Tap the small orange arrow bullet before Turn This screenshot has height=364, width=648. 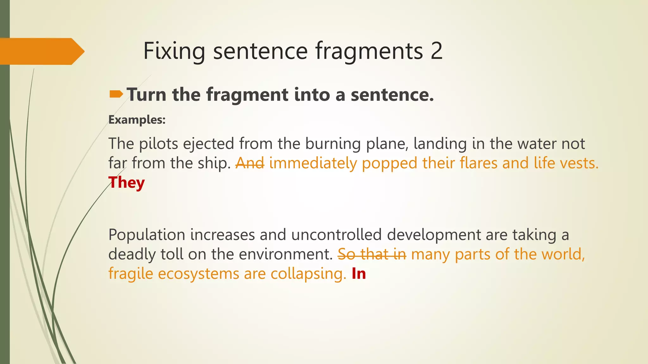[x=116, y=94]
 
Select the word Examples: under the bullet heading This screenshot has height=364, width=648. [x=137, y=120]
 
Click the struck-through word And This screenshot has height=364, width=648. [x=250, y=163]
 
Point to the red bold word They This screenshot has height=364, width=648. [x=127, y=183]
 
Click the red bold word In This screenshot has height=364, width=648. [x=359, y=273]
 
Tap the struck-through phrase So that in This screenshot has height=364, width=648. [x=372, y=254]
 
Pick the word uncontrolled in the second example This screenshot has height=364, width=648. [x=336, y=235]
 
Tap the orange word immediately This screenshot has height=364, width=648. [x=313, y=163]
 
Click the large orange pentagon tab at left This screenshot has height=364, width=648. [x=41, y=51]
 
